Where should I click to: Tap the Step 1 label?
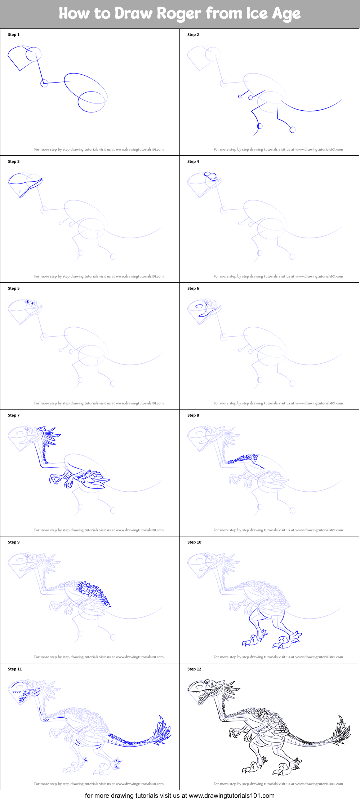pyautogui.click(x=14, y=35)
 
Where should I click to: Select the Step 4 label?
pyautogui.click(x=193, y=161)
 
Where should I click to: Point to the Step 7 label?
pyautogui.click(x=14, y=415)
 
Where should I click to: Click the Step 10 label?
pyautogui.click(x=194, y=542)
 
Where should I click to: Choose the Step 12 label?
pyautogui.click(x=194, y=669)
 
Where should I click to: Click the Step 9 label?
pyautogui.click(x=14, y=542)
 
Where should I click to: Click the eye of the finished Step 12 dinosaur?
pyautogui.click(x=213, y=683)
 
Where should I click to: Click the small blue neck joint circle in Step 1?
pyautogui.click(x=44, y=84)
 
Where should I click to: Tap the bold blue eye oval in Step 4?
pyautogui.click(x=212, y=177)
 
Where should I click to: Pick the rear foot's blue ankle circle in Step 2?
pyautogui.click(x=292, y=130)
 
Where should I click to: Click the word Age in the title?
pyautogui.click(x=286, y=14)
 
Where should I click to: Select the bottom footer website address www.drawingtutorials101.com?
pyautogui.click(x=231, y=795)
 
